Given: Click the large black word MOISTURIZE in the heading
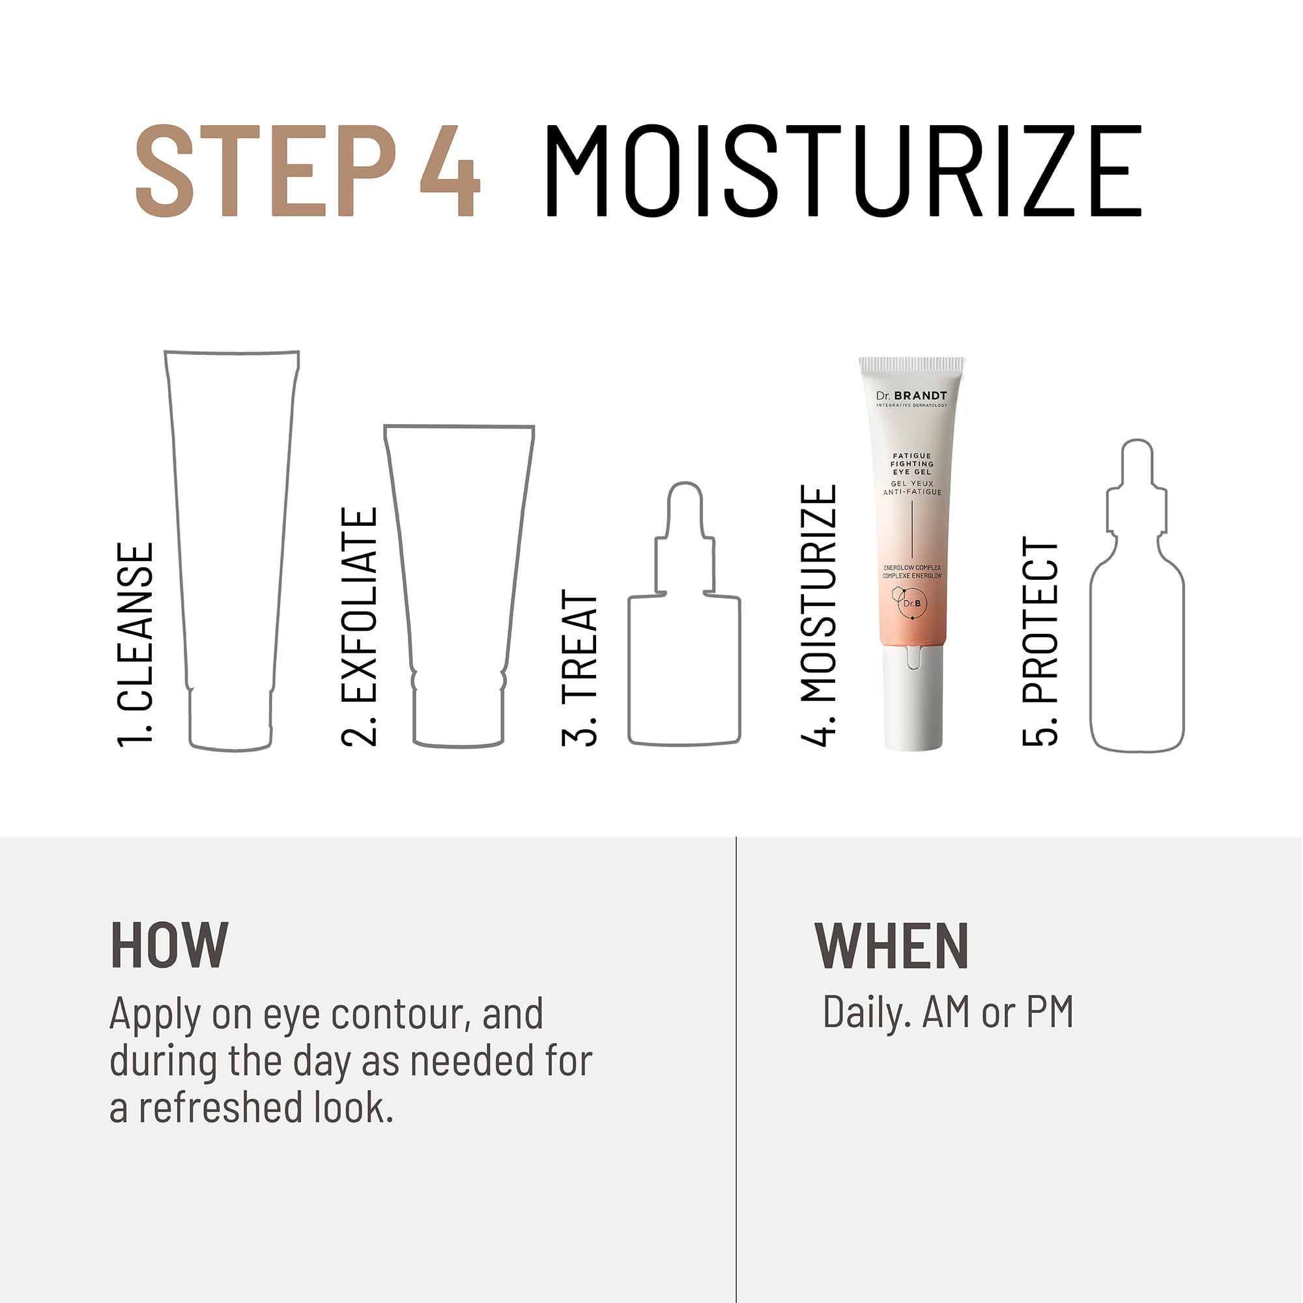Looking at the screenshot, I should coord(842,171).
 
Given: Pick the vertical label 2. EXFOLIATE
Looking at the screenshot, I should coord(359,627).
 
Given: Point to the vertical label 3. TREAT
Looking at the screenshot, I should coord(580,668).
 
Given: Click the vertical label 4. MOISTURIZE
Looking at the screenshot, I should coord(819,615).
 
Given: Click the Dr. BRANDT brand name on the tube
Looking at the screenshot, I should coord(911,396).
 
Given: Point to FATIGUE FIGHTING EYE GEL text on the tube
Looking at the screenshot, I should coord(912,464).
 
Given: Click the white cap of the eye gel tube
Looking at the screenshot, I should coord(913,702).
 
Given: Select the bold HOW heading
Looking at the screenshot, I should coord(169,945).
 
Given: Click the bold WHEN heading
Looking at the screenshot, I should coord(892,945).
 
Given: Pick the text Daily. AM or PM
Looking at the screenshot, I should coord(947,1012).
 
